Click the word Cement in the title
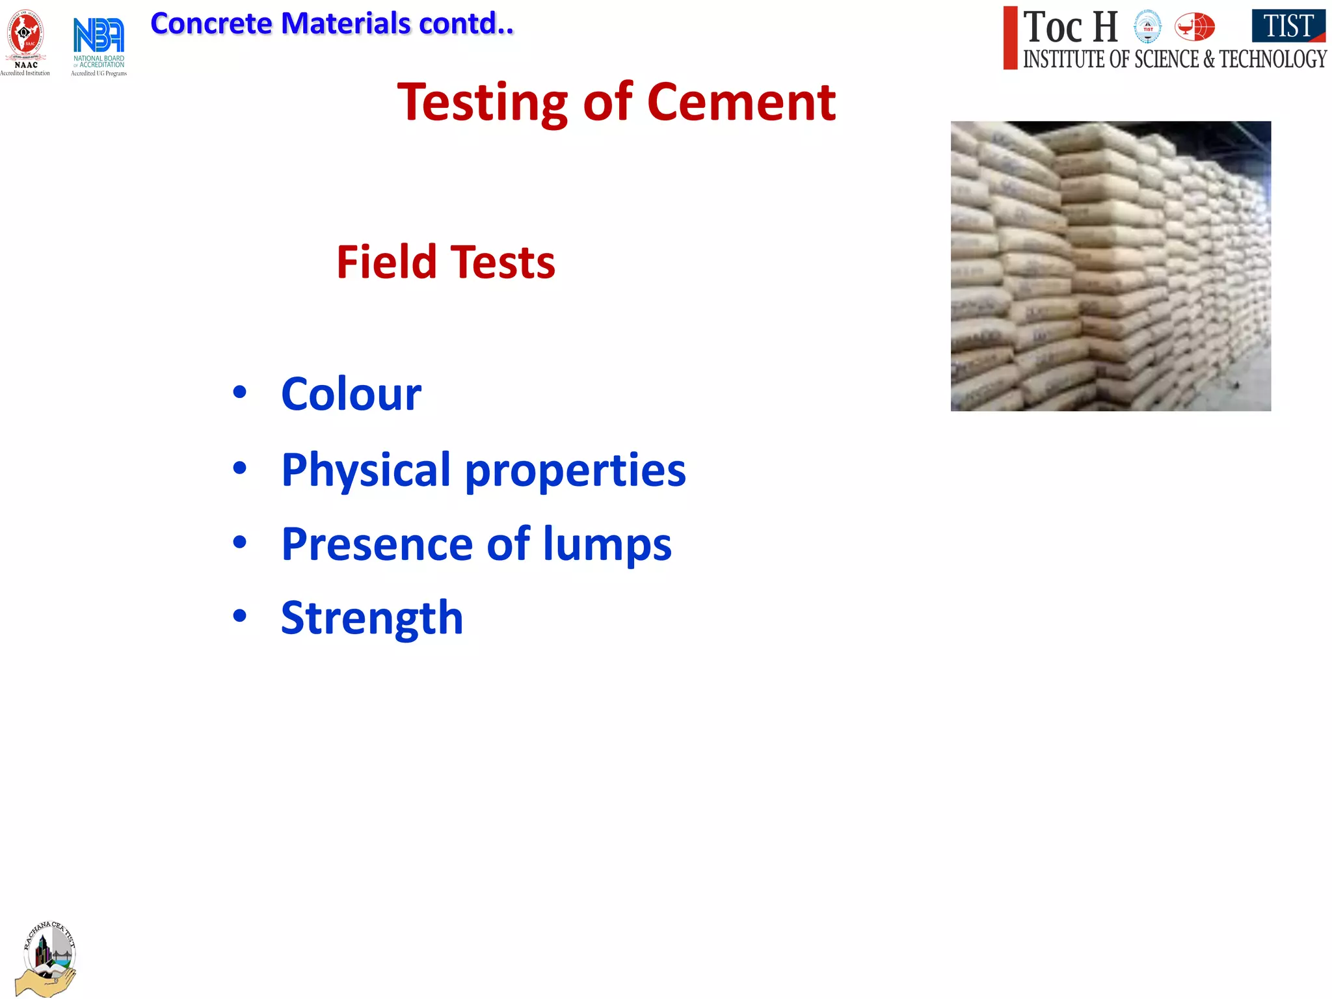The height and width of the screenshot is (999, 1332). coord(741,102)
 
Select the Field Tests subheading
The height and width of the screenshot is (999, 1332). coord(446,262)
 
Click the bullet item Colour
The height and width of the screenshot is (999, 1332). coord(351,394)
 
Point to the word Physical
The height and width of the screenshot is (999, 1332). coord(366,470)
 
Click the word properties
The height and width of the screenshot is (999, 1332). coord(576,470)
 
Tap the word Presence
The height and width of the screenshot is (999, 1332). coord(377,544)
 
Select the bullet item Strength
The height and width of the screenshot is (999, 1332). coord(372,617)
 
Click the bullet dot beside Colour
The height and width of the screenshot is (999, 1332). coord(240,392)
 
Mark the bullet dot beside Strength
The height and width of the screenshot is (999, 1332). coord(240,615)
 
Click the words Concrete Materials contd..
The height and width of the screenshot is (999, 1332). coord(332,24)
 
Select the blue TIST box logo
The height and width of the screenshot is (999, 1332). coord(1288,26)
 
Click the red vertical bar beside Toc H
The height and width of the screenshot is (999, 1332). coord(1010,38)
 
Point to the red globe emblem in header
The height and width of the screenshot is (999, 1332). coord(1195,27)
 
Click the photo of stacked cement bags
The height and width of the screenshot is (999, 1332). coord(1110,265)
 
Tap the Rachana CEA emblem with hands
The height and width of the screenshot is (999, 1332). coord(47,958)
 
